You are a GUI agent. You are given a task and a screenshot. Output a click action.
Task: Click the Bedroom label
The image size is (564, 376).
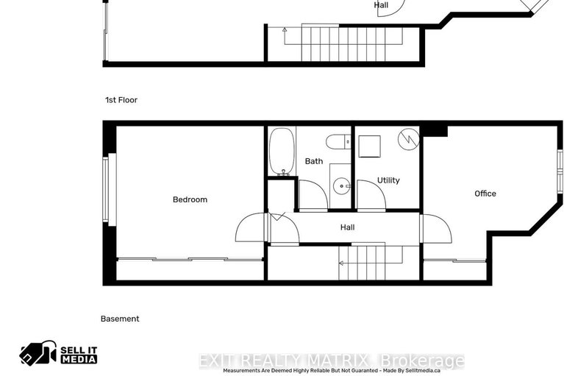coord(190,199)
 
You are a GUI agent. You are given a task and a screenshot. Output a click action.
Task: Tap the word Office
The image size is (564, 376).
coord(485,194)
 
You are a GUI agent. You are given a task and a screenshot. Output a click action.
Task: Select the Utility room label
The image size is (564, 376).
coord(388,180)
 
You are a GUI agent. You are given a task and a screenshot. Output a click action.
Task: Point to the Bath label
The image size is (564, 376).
coord(314,161)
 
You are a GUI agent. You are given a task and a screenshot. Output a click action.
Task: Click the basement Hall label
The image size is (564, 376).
coord(348,227)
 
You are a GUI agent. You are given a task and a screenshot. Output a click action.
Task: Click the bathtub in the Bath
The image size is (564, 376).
coord(282,151)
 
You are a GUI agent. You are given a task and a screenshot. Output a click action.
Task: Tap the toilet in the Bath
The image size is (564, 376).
coord(340,142)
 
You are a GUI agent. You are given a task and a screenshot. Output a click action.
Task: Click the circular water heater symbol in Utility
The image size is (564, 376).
coord(408,138)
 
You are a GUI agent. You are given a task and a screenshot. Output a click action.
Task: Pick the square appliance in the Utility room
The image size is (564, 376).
coord(368,145)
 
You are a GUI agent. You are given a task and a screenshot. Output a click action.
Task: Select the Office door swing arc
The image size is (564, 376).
coord(435,229)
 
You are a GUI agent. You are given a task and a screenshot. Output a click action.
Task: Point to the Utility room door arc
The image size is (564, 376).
coord(371,195)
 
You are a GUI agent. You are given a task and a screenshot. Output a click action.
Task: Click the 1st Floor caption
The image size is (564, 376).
coord(121,100)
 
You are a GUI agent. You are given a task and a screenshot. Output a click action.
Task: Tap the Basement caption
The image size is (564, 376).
coord(120,319)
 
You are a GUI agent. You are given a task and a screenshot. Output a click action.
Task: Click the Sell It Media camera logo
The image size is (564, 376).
coord(38,354)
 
